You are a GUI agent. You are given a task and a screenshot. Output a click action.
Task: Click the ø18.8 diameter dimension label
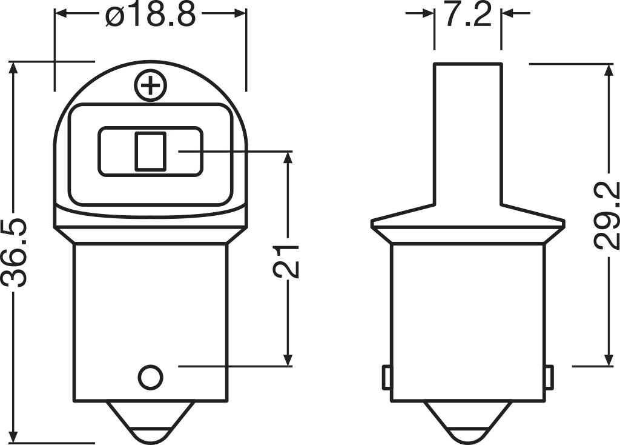[150, 16]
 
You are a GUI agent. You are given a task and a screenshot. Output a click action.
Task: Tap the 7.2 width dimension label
[467, 16]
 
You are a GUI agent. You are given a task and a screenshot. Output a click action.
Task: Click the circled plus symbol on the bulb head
[150, 86]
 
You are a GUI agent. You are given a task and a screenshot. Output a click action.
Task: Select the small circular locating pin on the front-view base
[150, 377]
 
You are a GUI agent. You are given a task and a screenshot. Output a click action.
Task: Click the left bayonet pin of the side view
[386, 378]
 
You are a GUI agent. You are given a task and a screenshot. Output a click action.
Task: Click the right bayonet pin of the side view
[549, 378]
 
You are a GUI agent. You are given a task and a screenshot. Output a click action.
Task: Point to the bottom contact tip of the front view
[150, 424]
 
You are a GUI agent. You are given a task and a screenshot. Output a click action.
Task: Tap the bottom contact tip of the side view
[467, 424]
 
